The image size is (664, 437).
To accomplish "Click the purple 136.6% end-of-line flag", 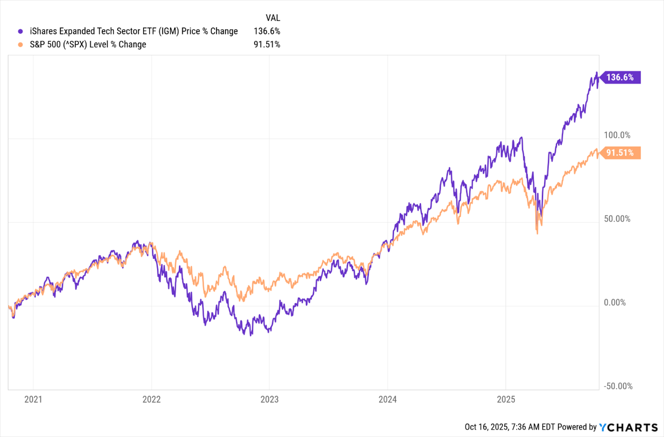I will tap(620, 77).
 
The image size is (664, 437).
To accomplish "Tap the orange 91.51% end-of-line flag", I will tap(620, 153).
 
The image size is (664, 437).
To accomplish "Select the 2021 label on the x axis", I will tap(33, 399).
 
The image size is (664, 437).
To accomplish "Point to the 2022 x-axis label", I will tap(151, 399).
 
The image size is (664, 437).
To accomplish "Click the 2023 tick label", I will tap(269, 399).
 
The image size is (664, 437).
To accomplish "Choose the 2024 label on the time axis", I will tap(388, 399).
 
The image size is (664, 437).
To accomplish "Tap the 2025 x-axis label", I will tap(506, 399).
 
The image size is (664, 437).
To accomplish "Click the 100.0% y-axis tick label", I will tap(617, 135).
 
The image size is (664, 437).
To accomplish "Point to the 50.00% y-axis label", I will tap(617, 219).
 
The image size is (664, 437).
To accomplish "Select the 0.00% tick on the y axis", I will tap(615, 303).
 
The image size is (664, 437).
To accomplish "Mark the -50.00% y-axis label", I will tap(618, 386).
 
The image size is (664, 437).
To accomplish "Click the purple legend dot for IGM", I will tap(20, 32).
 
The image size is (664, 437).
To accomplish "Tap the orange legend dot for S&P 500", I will tap(20, 45).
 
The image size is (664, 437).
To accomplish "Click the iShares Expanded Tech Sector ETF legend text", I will tap(134, 31).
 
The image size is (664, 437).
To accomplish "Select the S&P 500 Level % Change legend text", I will tap(88, 45).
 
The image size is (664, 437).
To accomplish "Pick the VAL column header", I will tap(273, 18).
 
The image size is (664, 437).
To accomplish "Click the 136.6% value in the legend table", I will tap(267, 31).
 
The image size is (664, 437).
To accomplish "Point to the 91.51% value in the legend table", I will tap(267, 45).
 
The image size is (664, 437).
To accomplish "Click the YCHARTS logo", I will tap(629, 427).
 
